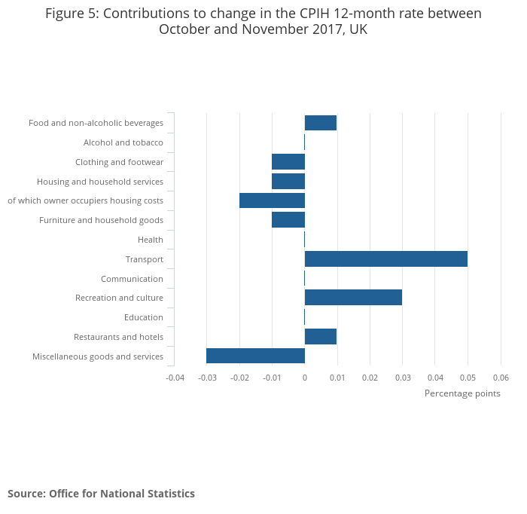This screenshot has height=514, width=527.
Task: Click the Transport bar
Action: (385, 259)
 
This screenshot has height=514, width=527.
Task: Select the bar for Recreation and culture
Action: (353, 298)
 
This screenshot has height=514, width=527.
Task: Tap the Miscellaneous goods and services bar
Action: (255, 356)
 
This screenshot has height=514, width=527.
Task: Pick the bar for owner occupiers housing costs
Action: (272, 200)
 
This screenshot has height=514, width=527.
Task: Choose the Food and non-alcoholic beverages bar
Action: (321, 123)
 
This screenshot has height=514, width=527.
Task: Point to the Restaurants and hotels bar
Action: (321, 337)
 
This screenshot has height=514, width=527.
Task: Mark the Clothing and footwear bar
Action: (288, 162)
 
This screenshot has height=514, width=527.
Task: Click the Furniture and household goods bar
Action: (288, 220)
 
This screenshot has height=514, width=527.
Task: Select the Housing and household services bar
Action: (288, 182)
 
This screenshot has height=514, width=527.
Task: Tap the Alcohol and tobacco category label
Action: (123, 142)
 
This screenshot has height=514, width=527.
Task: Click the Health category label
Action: (151, 240)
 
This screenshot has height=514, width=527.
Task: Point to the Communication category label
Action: (132, 279)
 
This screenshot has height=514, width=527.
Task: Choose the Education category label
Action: (144, 317)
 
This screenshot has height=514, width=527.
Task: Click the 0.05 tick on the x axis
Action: (468, 378)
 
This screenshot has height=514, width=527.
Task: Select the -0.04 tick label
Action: (174, 378)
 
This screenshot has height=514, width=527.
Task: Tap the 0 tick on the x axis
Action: (305, 378)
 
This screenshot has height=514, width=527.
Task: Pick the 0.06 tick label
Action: (501, 378)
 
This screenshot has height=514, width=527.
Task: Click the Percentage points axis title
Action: (462, 393)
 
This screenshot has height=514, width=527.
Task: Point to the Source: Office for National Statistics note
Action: (101, 494)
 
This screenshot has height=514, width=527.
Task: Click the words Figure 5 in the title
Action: (72, 14)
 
